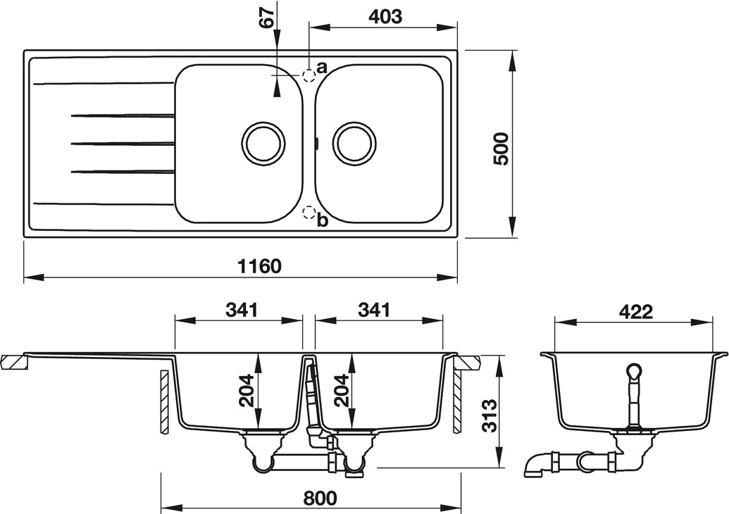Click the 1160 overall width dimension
(260, 266)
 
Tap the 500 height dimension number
(501, 149)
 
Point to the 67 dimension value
(266, 18)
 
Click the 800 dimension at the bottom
(320, 498)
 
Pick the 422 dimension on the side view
(635, 311)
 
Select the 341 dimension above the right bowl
(374, 309)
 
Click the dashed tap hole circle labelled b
(309, 212)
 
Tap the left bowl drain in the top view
(264, 143)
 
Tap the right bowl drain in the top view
(356, 143)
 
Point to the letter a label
(321, 68)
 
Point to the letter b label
(322, 220)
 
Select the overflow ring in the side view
(634, 371)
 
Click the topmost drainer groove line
(103, 83)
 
